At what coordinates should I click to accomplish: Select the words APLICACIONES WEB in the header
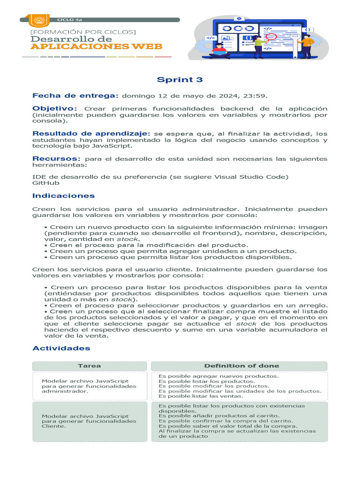(x=96, y=46)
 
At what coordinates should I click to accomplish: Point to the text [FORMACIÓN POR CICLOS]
(x=82, y=31)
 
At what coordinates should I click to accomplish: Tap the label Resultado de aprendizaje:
(x=91, y=134)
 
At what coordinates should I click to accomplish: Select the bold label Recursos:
(x=56, y=159)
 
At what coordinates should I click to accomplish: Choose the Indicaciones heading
(x=63, y=196)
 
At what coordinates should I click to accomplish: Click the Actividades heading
(x=61, y=348)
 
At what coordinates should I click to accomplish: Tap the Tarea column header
(x=89, y=366)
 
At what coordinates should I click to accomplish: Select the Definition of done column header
(x=241, y=366)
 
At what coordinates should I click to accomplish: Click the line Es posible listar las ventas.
(x=201, y=396)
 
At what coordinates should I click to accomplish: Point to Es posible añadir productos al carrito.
(x=219, y=416)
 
